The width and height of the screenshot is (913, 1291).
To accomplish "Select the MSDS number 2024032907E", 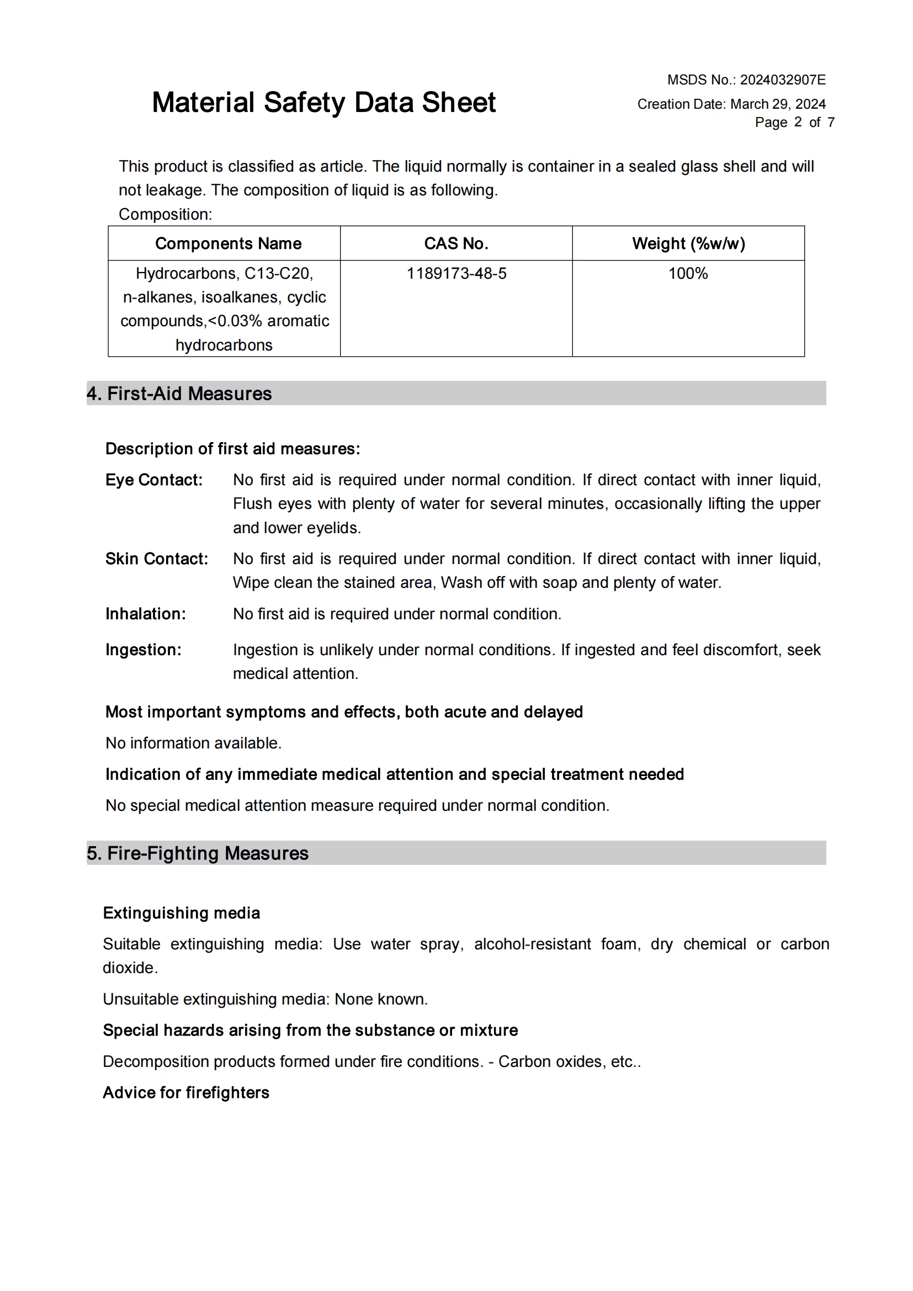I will [782, 80].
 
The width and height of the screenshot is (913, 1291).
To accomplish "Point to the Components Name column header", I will [229, 243].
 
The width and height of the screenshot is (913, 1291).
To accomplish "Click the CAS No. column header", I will [456, 243].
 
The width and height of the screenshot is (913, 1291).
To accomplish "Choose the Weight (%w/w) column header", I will [688, 243].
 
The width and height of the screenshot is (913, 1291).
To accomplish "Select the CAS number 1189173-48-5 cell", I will [456, 273].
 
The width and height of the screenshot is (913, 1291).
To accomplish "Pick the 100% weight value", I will [688, 273].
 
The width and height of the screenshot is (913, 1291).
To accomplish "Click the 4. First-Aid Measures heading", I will [179, 394].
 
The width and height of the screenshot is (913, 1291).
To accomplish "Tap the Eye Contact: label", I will [154, 480].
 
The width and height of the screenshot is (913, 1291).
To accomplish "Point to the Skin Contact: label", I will [157, 559].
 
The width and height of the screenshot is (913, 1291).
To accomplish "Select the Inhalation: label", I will [146, 613].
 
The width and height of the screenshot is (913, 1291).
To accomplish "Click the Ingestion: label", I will [144, 650].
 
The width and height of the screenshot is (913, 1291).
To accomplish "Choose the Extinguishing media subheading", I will [182, 912].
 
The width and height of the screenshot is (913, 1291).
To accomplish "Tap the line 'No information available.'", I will [193, 743].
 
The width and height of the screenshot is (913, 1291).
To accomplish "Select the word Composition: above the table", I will [165, 214].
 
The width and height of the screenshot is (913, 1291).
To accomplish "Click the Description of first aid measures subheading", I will [233, 449].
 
